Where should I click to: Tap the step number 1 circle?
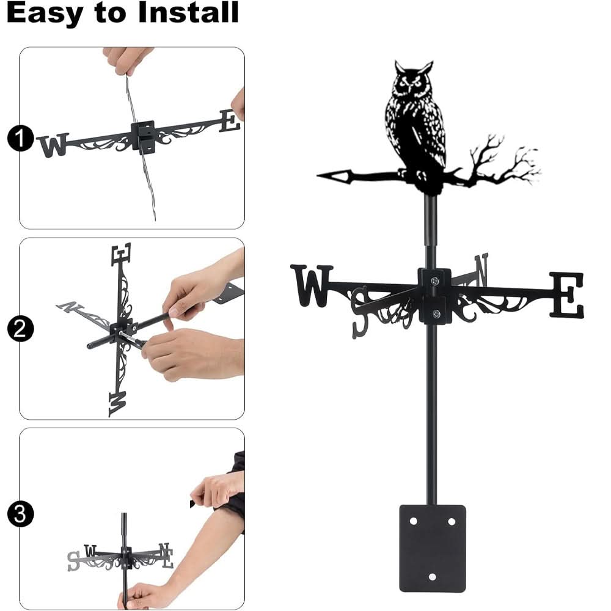click(20, 140)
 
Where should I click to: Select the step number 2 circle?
click(20, 330)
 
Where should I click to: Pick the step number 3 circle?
click(20, 514)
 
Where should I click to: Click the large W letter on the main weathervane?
click(312, 285)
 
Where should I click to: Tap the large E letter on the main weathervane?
click(566, 295)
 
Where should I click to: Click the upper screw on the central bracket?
click(434, 281)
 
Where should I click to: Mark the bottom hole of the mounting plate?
click(432, 576)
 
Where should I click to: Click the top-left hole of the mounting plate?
click(413, 521)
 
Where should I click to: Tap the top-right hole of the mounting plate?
click(452, 521)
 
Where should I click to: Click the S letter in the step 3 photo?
click(74, 560)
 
